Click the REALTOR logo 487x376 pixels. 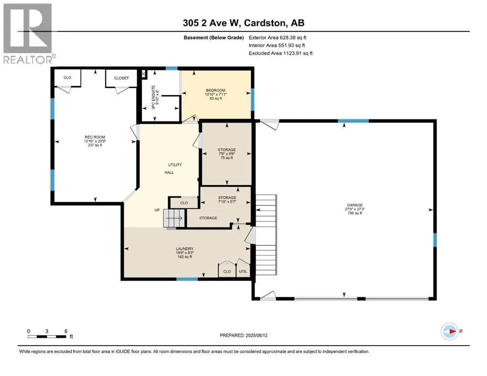click(28, 33)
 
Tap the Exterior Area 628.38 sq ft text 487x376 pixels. click(278, 38)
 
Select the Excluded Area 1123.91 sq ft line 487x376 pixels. click(281, 53)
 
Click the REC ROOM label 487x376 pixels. click(95, 137)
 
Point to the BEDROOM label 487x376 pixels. click(216, 91)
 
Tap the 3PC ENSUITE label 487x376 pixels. click(153, 97)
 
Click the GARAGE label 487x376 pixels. click(355, 205)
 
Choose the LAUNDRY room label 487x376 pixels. click(184, 249)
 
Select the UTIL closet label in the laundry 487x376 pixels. click(243, 272)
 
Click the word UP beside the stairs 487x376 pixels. click(157, 210)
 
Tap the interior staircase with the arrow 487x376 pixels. click(174, 218)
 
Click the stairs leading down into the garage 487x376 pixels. click(266, 235)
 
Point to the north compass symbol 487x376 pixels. click(450, 331)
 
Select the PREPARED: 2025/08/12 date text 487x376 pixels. click(243, 335)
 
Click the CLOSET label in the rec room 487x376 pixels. click(121, 78)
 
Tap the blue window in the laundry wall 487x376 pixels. click(187, 279)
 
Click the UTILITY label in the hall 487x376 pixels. click(175, 165)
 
